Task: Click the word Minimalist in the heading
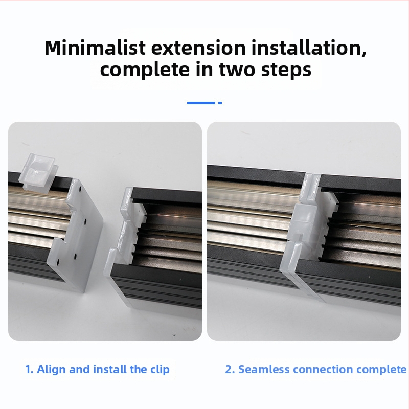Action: point(95,48)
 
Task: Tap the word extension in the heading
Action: point(198,49)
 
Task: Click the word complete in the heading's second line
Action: point(145,70)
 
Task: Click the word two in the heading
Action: point(237,70)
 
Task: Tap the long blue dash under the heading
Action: point(201,103)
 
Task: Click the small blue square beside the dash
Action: point(220,103)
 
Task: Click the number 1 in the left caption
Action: point(29,369)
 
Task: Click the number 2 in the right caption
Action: point(230,369)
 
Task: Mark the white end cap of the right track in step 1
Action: point(120,235)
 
